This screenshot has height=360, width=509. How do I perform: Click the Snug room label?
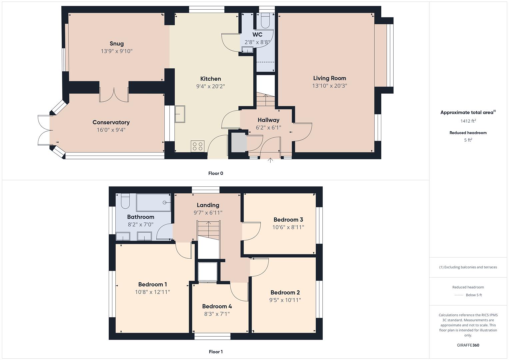(x=117, y=44)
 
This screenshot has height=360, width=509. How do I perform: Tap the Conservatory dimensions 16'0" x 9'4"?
(x=111, y=130)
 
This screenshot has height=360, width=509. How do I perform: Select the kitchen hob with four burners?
(x=198, y=146)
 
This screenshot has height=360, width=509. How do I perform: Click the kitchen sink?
(x=180, y=114)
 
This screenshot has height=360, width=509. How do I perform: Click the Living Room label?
(x=329, y=78)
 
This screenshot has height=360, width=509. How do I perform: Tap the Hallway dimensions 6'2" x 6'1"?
(x=268, y=128)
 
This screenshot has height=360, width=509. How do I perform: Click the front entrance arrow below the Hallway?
(x=270, y=160)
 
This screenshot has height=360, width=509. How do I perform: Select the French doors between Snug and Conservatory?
(x=114, y=95)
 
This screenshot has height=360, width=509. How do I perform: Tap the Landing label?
(x=208, y=205)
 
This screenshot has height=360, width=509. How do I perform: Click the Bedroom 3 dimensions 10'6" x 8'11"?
(x=288, y=227)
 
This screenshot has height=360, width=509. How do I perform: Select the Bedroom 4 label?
(x=217, y=306)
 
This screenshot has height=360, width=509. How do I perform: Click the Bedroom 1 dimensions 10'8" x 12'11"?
(x=152, y=292)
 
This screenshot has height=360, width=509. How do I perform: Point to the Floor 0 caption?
(x=216, y=173)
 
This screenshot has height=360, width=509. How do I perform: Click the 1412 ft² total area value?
(x=468, y=121)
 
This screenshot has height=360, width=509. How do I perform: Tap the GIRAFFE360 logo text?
(x=468, y=345)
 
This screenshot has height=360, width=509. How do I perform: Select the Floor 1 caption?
(x=216, y=352)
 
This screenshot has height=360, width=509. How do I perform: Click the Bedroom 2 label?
(x=285, y=292)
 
